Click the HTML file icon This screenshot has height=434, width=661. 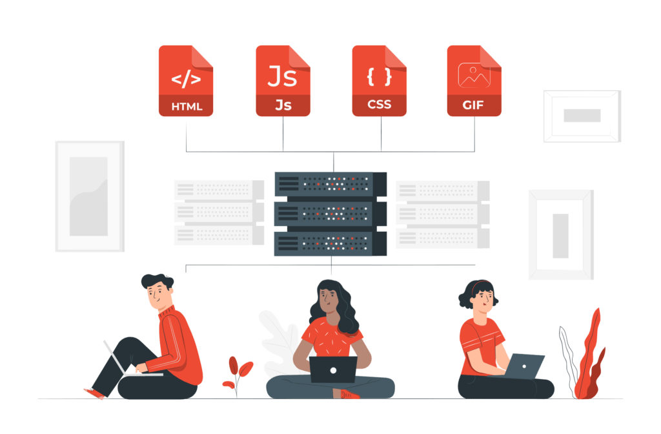click(x=186, y=81)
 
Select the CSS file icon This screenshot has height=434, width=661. click(x=379, y=81)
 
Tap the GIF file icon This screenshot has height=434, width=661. click(x=474, y=81)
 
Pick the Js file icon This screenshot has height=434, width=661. click(x=283, y=81)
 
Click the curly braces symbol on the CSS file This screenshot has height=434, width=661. click(x=379, y=76)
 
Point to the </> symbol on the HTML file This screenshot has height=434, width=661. click(x=186, y=79)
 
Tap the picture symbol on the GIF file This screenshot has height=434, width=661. click(x=474, y=75)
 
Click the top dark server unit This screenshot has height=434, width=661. click(x=330, y=183)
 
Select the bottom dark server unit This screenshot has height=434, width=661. click(x=330, y=243)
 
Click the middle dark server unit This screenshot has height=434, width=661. click(x=330, y=214)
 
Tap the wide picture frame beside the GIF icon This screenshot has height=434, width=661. click(x=582, y=116)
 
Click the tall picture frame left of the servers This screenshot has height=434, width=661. click(x=89, y=196)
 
